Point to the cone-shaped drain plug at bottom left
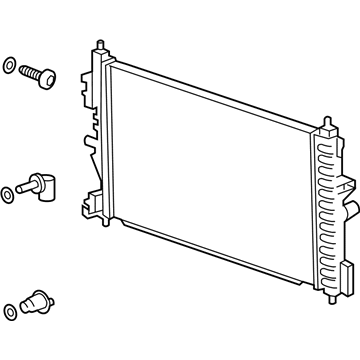tap(39, 302)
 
